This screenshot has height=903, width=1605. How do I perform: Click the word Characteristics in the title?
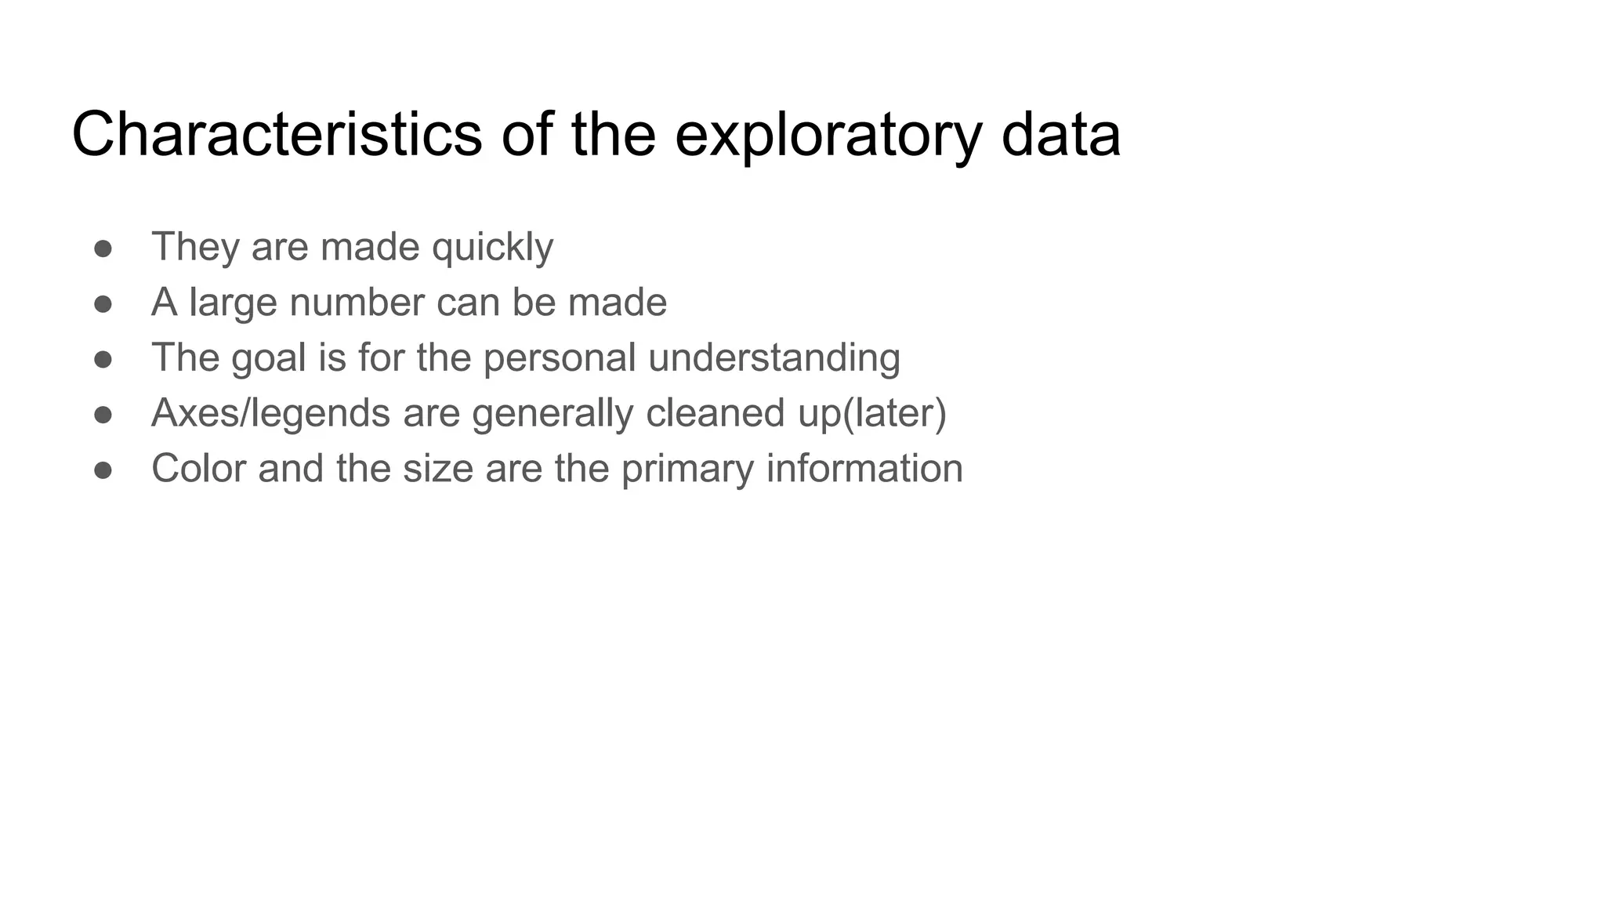coord(277,134)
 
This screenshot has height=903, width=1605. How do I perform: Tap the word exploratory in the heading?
coord(828,134)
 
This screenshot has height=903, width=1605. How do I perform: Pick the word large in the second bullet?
coord(233,303)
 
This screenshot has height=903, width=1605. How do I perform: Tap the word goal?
coord(268,358)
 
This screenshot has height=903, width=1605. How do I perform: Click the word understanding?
coord(774,358)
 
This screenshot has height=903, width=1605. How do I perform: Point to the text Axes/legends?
coord(270,413)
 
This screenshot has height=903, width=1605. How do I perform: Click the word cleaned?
coord(715,412)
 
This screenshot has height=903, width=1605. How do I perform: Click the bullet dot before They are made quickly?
coord(103,248)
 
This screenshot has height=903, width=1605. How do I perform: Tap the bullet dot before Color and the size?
coord(103,470)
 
